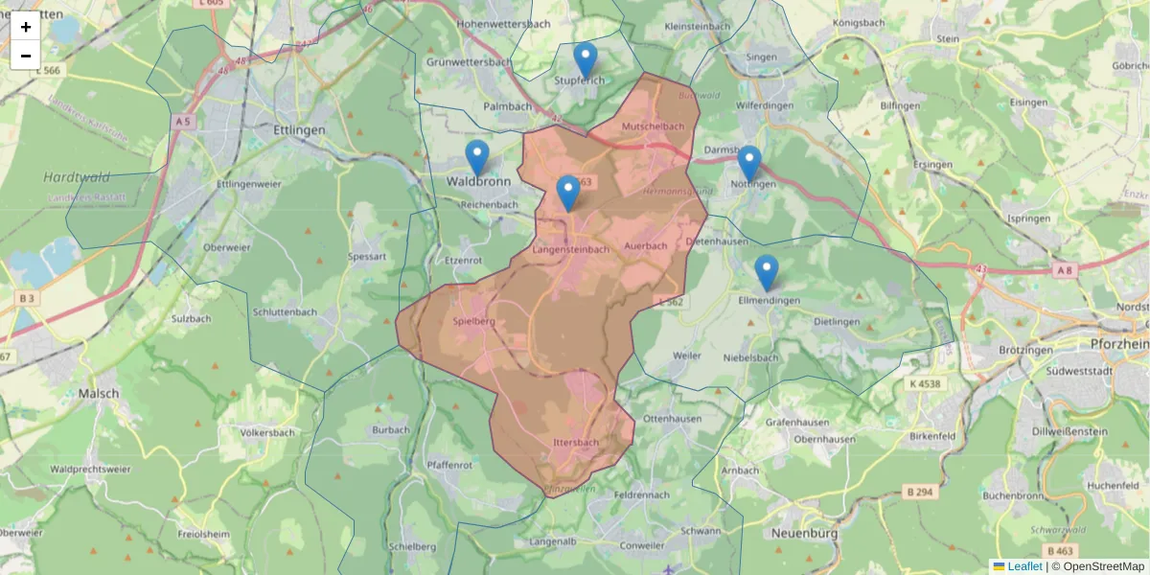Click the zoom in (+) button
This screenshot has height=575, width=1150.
pyautogui.click(x=26, y=27)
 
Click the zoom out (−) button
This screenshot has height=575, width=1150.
pyautogui.click(x=26, y=56)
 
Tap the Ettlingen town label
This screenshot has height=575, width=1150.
pyautogui.click(x=299, y=130)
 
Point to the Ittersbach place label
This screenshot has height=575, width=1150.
pyautogui.click(x=576, y=443)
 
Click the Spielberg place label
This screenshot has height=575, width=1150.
pyautogui.click(x=473, y=322)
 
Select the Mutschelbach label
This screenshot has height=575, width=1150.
pyautogui.click(x=653, y=126)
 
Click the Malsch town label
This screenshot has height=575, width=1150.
pyautogui.click(x=100, y=393)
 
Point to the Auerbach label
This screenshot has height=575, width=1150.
pyautogui.click(x=644, y=246)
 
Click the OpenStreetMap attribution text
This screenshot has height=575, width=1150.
pyautogui.click(x=1103, y=566)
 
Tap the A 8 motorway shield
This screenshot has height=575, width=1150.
pyautogui.click(x=1065, y=271)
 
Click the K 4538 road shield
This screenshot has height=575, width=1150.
pyautogui.click(x=922, y=383)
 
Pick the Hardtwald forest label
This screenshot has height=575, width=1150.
pyautogui.click(x=77, y=177)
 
